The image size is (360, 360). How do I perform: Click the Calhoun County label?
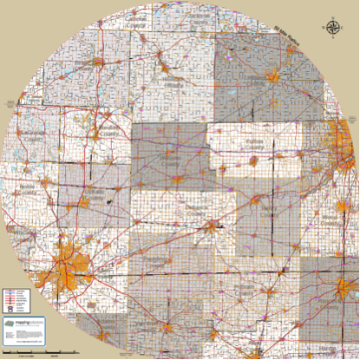pos(135,25)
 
